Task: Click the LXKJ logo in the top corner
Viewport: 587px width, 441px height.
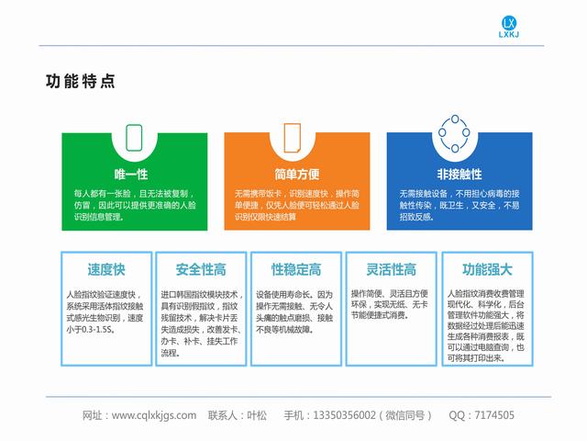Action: [509, 27]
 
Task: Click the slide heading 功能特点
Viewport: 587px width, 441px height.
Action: [81, 82]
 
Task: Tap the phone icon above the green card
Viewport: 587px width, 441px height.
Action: [134, 138]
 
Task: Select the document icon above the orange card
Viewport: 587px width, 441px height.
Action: [293, 138]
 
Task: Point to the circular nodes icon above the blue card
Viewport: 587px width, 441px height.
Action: [455, 133]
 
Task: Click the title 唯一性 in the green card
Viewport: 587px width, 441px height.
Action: [131, 174]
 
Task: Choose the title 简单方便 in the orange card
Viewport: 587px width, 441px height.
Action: [297, 174]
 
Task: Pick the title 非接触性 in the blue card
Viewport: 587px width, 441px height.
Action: [460, 174]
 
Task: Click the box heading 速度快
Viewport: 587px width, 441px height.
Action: [106, 269]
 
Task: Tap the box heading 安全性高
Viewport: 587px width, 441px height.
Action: [201, 269]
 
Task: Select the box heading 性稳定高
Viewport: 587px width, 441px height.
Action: [296, 269]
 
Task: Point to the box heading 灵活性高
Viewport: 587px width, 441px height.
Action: [392, 269]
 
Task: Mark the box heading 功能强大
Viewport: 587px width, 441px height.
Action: [487, 269]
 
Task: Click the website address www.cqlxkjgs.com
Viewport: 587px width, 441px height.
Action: [154, 415]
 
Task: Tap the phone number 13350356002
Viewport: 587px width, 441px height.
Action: [344, 415]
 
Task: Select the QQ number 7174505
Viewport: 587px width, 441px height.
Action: [494, 415]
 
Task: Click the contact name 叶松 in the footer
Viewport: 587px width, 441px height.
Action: [257, 415]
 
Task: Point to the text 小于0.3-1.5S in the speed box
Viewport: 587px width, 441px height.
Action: [90, 330]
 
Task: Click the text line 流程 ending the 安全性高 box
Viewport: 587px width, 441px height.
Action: [169, 353]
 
